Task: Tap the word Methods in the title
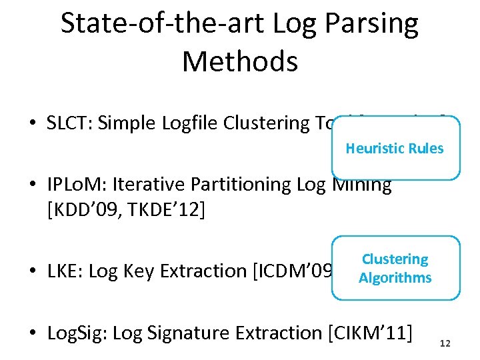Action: pyautogui.click(x=239, y=61)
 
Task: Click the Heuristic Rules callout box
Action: pyautogui.click(x=395, y=148)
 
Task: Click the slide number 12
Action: pyautogui.click(x=446, y=343)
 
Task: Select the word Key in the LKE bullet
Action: pyautogui.click(x=137, y=271)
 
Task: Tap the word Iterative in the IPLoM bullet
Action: pyautogui.click(x=151, y=184)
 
